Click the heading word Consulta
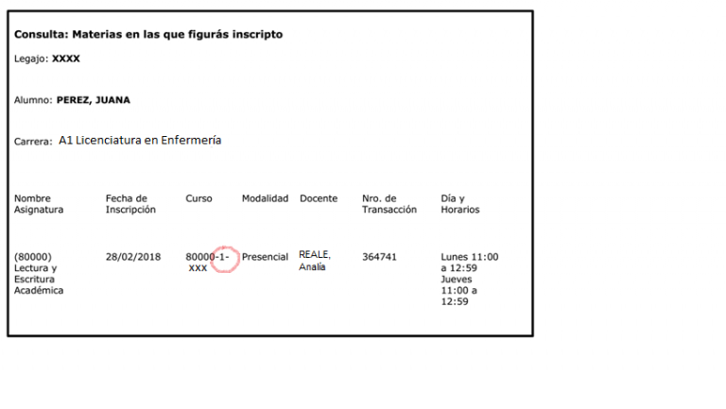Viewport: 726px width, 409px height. coord(42,34)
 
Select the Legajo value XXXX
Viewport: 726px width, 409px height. coord(66,59)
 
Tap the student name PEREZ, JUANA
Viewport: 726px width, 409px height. coord(93,100)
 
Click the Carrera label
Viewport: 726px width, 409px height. coord(33,142)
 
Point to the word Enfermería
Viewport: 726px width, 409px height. coord(191,140)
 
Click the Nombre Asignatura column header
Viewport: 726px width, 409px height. coord(39,204)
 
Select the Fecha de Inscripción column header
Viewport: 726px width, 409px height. coord(130,204)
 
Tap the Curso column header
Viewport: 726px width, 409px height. coord(199,198)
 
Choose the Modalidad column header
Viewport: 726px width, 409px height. coord(265,198)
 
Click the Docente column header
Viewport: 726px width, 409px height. coord(319,198)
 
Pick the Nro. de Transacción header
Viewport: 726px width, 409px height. coord(389,204)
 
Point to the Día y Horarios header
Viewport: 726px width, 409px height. coord(460,204)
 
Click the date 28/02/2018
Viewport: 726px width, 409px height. coord(133,257)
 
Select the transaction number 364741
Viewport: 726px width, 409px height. coord(379,257)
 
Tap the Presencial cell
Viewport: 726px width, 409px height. coord(265,257)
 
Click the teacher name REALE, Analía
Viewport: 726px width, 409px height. coord(315,261)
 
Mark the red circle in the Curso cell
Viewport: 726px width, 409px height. coord(225,260)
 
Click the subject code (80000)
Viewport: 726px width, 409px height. coord(33,257)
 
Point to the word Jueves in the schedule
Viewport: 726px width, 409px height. coord(456,280)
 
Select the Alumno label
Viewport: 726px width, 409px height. coord(33,100)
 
